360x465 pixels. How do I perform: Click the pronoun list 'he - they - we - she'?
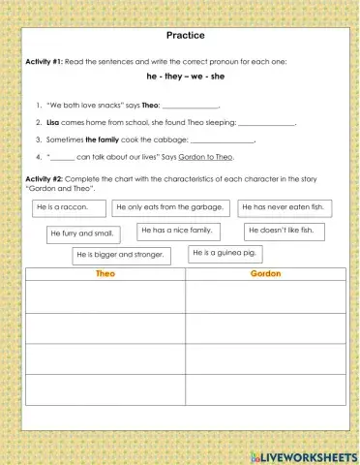point(180,75)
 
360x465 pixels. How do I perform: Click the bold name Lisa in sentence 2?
point(53,123)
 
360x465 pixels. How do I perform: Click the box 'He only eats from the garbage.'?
point(171,207)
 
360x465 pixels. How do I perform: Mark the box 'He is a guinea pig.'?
point(225,253)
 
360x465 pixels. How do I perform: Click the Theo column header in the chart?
point(106,274)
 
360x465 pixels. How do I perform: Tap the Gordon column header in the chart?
point(265,274)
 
